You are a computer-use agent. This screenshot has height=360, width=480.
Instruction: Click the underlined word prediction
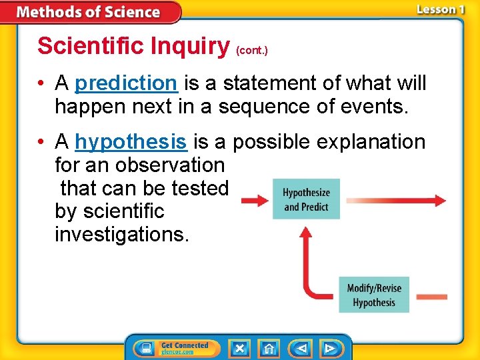[x=126, y=83]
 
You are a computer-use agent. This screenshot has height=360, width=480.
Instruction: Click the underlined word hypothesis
[x=131, y=142]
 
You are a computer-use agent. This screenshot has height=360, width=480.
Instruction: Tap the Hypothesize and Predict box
[x=306, y=199]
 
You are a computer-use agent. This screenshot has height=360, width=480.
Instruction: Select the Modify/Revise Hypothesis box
[x=374, y=295]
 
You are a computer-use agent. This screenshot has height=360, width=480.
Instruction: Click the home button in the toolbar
[x=269, y=348]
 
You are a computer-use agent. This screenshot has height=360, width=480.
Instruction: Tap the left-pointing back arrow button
[x=301, y=348]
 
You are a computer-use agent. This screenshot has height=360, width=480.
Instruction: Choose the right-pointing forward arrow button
[x=329, y=348]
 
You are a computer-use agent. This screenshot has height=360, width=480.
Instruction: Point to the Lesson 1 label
[x=440, y=9]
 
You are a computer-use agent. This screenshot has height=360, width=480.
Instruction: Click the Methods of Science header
[x=88, y=12]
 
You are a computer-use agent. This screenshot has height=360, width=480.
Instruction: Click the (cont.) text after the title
[x=252, y=50]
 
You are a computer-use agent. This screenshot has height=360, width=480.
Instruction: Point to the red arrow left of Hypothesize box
[x=254, y=200]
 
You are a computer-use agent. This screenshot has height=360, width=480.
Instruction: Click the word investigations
[x=122, y=235]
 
